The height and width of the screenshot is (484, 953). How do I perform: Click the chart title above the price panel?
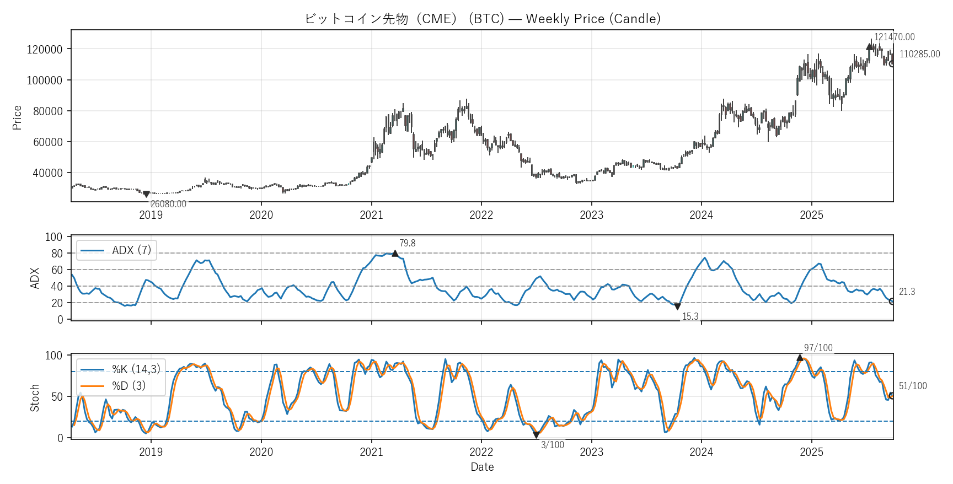click(x=483, y=19)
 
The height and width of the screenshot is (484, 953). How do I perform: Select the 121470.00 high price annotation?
click(x=894, y=37)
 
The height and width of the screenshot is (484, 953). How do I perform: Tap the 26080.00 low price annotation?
click(x=168, y=204)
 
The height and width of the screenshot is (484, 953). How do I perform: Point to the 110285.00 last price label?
click(x=919, y=54)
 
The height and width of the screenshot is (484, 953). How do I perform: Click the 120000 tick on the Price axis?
click(x=45, y=49)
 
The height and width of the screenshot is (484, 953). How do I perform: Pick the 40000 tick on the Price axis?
click(x=47, y=173)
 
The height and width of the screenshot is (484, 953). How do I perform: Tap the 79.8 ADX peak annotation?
click(x=407, y=243)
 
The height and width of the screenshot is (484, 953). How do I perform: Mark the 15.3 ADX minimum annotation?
click(x=690, y=316)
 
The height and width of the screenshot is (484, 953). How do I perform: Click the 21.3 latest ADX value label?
click(x=907, y=292)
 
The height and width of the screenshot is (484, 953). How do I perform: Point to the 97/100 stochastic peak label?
click(x=818, y=348)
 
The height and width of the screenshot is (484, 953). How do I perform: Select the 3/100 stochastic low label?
click(x=552, y=445)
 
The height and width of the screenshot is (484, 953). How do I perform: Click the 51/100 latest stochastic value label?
click(x=913, y=386)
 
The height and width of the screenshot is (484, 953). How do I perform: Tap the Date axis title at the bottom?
click(x=482, y=467)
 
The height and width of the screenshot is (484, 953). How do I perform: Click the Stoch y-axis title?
click(x=35, y=397)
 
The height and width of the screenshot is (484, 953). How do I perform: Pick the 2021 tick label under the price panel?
click(x=371, y=215)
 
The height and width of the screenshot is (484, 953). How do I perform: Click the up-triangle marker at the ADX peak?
click(x=395, y=254)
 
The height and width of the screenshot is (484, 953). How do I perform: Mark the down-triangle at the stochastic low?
click(x=536, y=435)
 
